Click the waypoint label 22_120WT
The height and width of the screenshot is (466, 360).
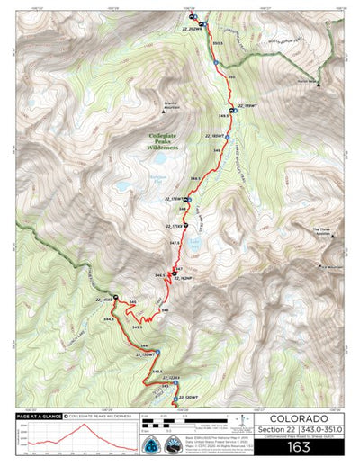click(188, 397)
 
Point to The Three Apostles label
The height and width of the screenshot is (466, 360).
click(320, 232)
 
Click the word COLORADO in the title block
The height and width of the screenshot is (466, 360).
click(298, 418)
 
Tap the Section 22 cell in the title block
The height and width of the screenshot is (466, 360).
click(274, 431)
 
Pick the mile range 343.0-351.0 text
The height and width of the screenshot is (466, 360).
click(320, 431)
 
